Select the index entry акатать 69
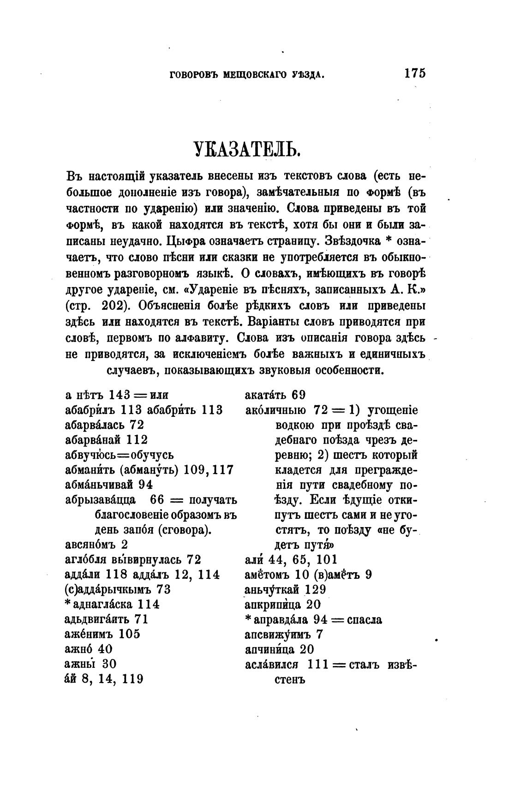click(275, 395)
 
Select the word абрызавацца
click(101, 500)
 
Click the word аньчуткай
click(272, 589)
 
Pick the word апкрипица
click(271, 605)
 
